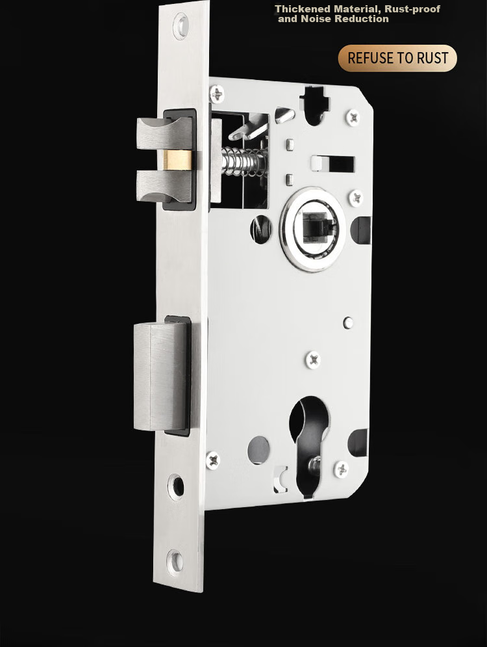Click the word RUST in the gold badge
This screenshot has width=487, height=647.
pyautogui.click(x=432, y=58)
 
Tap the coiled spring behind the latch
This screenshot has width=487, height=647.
pyautogui.click(x=245, y=161)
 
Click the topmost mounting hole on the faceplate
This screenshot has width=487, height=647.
pyautogui.click(x=181, y=26)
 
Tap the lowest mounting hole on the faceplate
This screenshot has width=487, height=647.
pyautogui.click(x=175, y=561)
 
